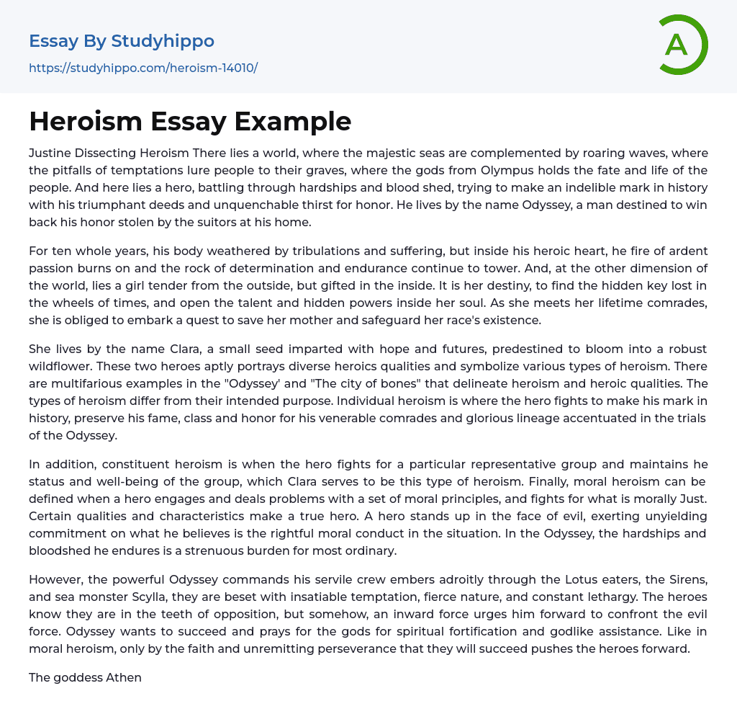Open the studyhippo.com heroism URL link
click(x=143, y=68)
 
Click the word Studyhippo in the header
click(x=163, y=41)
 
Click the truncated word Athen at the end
click(x=125, y=677)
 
